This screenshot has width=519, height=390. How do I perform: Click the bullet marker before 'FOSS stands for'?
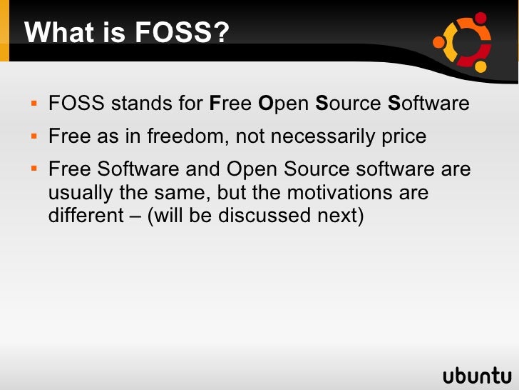point(34,104)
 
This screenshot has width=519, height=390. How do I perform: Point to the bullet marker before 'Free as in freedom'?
point(34,136)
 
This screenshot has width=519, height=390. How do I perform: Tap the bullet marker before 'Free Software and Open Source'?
point(34,170)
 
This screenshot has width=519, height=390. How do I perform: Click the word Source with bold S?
point(348,104)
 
